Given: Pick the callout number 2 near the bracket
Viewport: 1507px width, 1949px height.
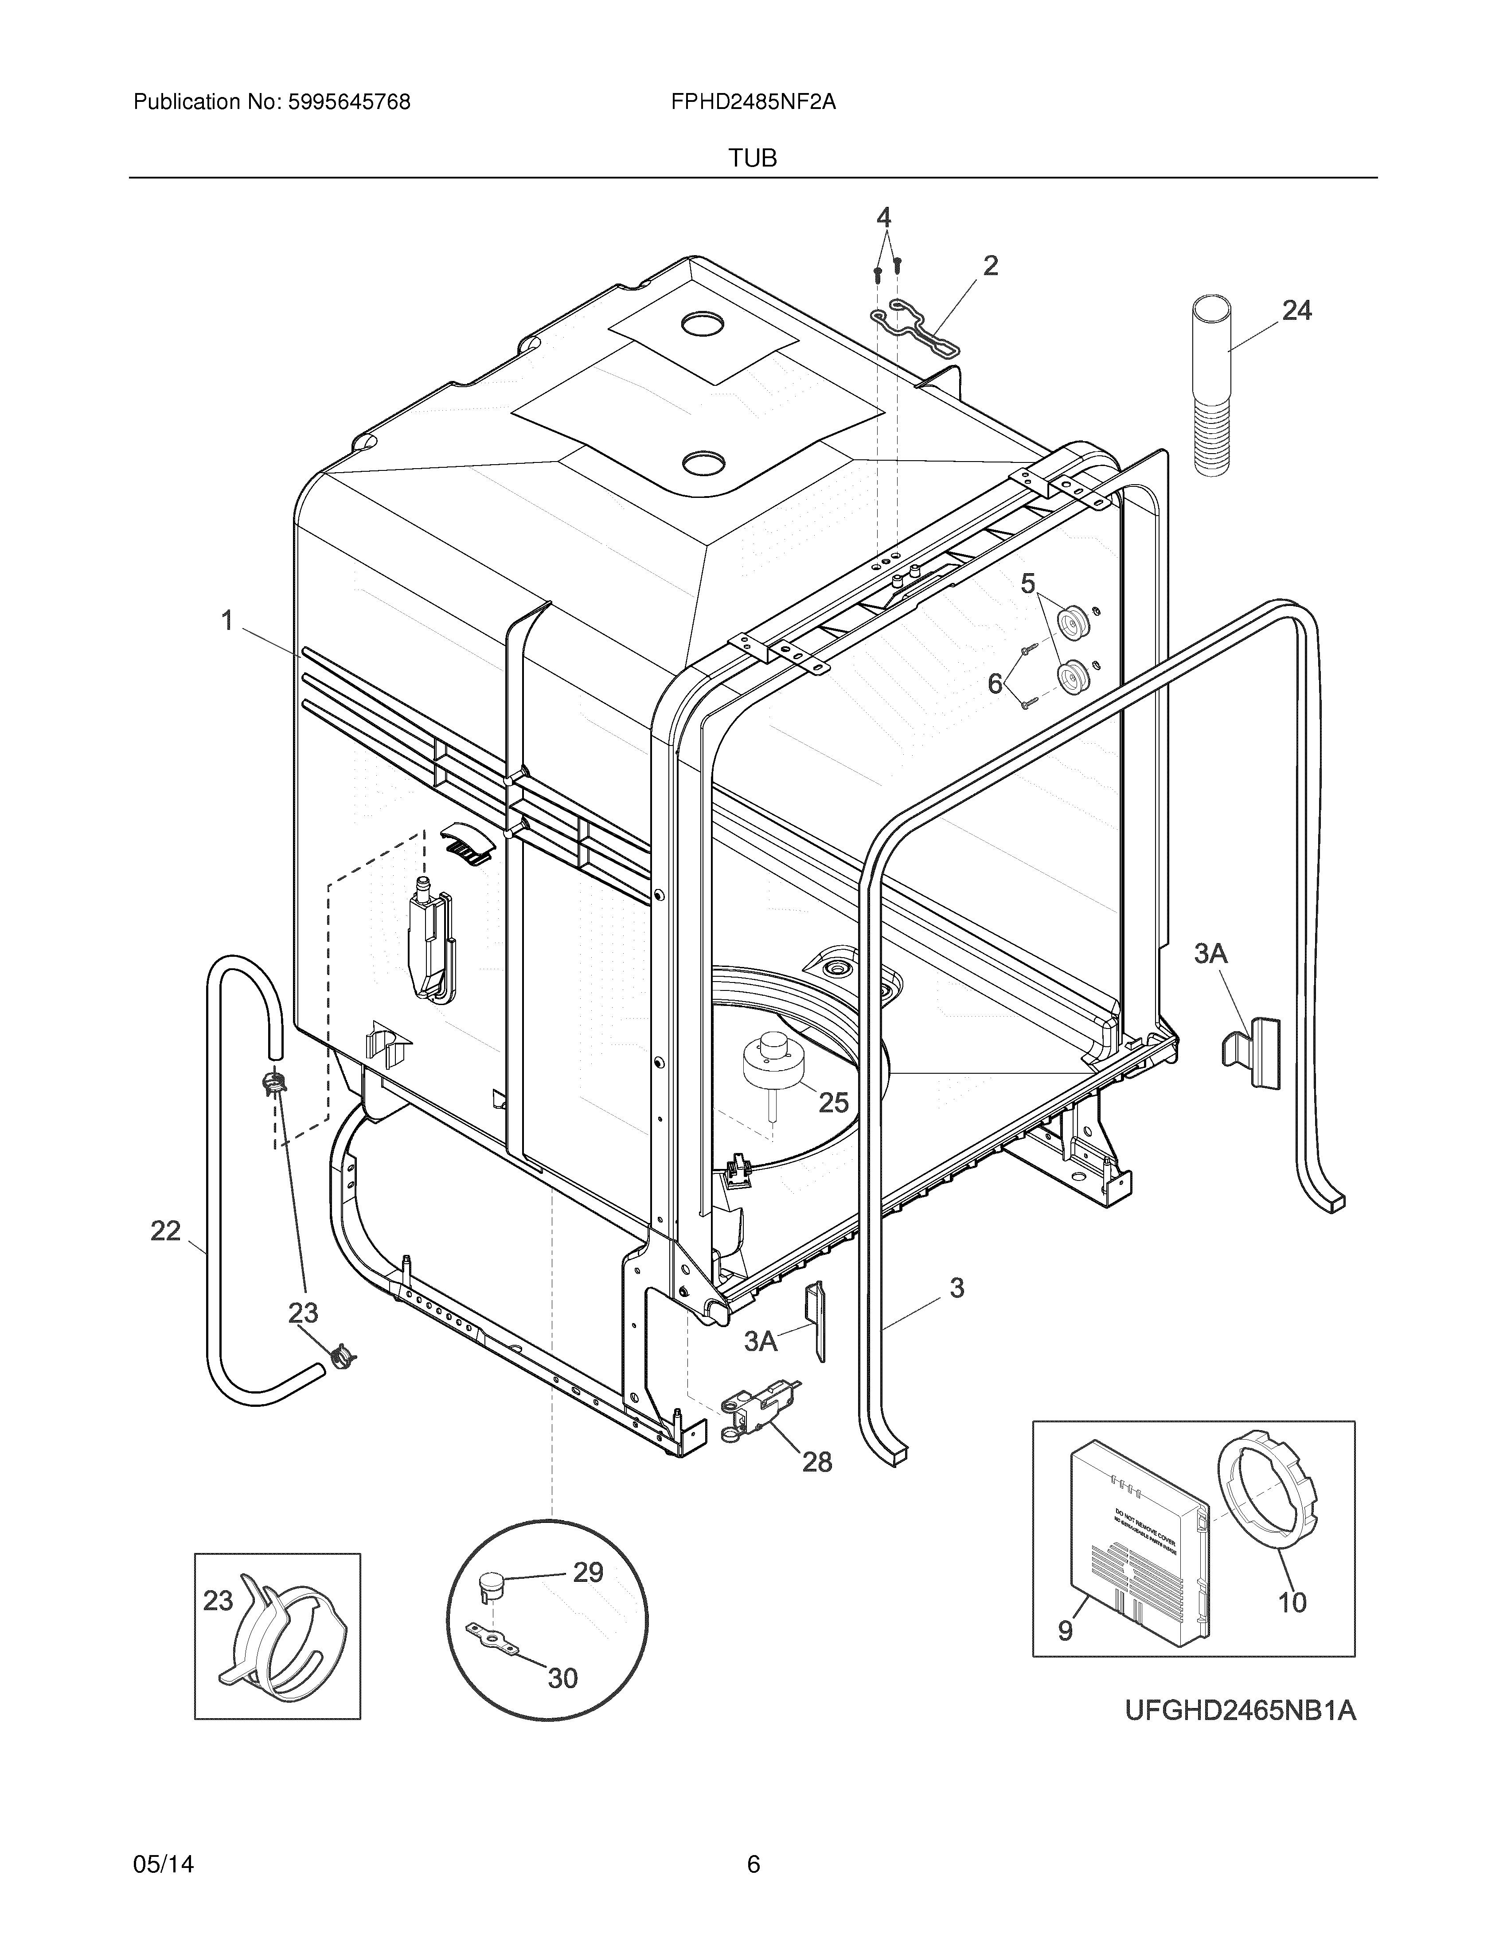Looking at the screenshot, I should click(x=990, y=265).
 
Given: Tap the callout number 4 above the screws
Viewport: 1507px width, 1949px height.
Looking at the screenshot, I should click(x=883, y=217).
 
